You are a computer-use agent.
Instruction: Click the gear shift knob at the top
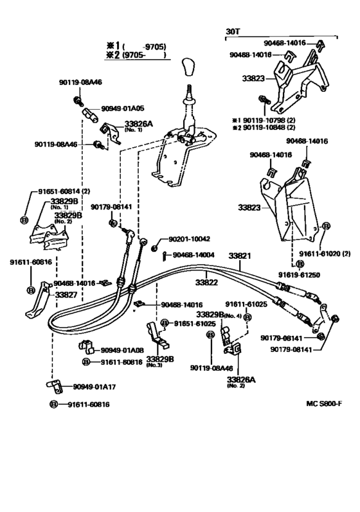pos(189,67)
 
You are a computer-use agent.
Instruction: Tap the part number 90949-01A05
pos(123,109)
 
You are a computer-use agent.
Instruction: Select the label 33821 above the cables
pos(239,255)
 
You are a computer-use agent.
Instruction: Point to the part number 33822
pos(206,282)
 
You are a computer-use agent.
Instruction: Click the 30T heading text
pos(233,31)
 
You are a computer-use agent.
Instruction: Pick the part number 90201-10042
pos(189,239)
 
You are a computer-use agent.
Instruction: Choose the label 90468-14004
pos(194,254)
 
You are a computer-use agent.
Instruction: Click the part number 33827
pos(66,295)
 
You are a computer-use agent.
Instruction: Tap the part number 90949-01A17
pos(94,387)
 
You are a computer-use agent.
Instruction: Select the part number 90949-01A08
pos(122,350)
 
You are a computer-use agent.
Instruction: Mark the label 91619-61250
pos(299,275)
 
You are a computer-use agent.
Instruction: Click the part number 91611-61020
pos(319,253)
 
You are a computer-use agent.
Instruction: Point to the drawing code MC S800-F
pos(324,403)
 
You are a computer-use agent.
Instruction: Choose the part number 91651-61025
pos(195,324)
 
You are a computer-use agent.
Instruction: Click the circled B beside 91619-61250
pos(300,264)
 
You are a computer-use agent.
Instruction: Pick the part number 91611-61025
pos(246,305)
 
